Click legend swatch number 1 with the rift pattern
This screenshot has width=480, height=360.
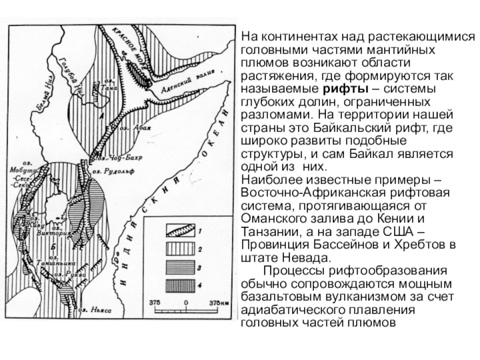pyautogui.click(x=179, y=229)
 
